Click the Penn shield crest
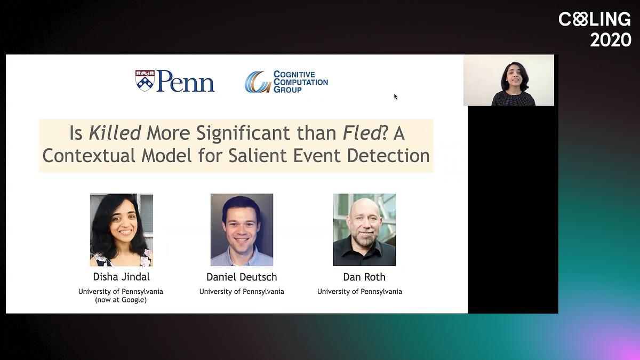click(x=145, y=81)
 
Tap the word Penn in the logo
click(x=186, y=81)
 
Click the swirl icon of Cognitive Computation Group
click(x=258, y=82)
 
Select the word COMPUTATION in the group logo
click(x=301, y=82)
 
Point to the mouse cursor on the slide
click(x=395, y=97)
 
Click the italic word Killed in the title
click(x=115, y=133)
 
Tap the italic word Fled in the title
click(x=362, y=133)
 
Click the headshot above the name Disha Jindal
click(x=122, y=230)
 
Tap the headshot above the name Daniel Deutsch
click(x=242, y=230)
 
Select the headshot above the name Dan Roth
click(x=364, y=230)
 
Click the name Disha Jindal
click(x=122, y=277)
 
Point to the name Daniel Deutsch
click(x=242, y=277)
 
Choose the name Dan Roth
click(x=364, y=277)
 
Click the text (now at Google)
click(x=121, y=300)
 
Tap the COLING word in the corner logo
click(x=595, y=19)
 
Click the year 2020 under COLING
click(x=611, y=39)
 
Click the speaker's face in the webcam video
click(x=515, y=76)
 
